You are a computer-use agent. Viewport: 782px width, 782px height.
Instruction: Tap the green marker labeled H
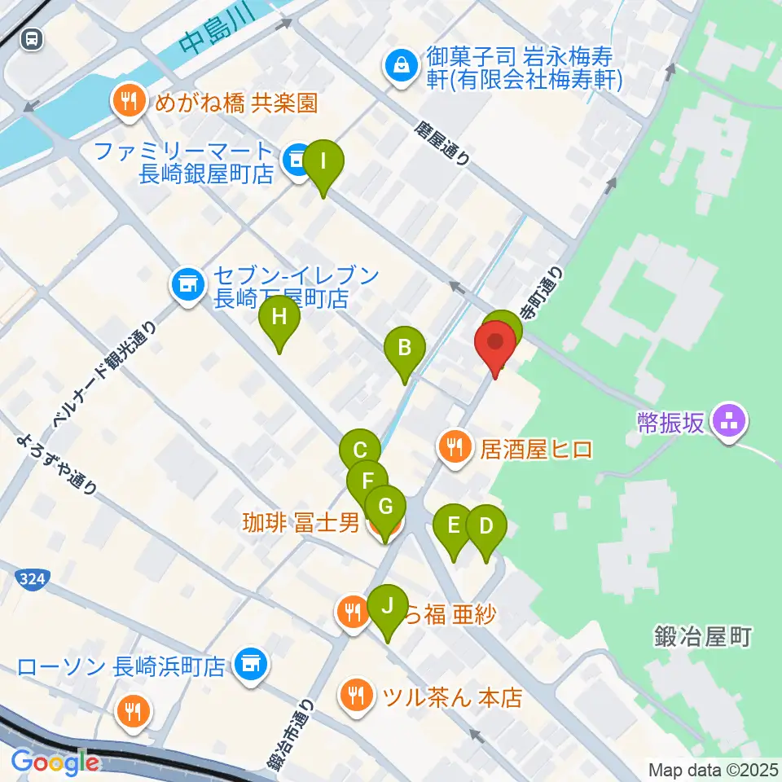tap(279, 318)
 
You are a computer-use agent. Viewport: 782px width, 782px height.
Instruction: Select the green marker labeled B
tap(404, 349)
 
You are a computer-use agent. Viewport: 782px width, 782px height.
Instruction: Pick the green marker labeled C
tap(360, 451)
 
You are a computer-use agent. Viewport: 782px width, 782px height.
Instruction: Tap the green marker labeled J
tap(387, 607)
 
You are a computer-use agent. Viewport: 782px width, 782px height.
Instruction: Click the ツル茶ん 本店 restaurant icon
tap(356, 696)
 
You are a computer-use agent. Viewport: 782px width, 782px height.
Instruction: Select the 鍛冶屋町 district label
tap(701, 636)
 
